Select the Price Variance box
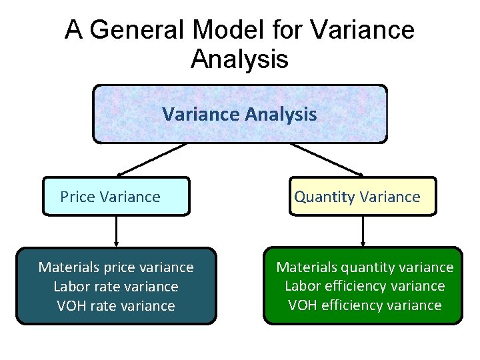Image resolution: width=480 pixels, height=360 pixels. (116, 197)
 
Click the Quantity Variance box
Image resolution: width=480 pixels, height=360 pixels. (363, 197)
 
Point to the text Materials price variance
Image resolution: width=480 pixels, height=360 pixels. (116, 267)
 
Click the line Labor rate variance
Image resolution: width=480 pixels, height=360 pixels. (116, 287)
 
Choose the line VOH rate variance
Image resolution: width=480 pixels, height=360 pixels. (116, 306)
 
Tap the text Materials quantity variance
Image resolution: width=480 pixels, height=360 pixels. (365, 267)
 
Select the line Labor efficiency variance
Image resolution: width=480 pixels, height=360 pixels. (365, 286)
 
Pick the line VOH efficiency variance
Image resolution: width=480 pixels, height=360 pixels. (365, 305)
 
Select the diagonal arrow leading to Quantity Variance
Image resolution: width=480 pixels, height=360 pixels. (327, 160)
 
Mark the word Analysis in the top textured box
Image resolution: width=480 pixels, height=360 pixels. (281, 115)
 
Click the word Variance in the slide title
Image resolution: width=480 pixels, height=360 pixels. (363, 30)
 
